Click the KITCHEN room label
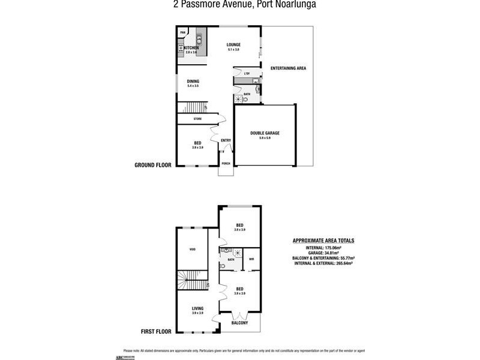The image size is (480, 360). (x=191, y=48)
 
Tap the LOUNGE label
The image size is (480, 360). (x=233, y=45)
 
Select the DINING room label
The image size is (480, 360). (x=193, y=82)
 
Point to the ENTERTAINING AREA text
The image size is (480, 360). (x=288, y=68)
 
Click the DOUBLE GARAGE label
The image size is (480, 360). (x=265, y=133)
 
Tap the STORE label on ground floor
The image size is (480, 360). (x=197, y=119)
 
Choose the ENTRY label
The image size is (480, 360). (x=226, y=140)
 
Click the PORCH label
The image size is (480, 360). (x=226, y=163)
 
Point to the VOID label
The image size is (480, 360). (x=192, y=249)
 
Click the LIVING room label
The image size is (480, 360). (x=197, y=308)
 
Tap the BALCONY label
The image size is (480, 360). (x=239, y=323)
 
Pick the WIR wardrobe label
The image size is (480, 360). (x=251, y=259)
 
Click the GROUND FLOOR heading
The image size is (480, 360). (x=153, y=164)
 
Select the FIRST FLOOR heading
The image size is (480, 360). (x=156, y=331)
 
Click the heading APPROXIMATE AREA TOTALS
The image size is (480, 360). (x=323, y=241)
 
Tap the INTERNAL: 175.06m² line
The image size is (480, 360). (x=323, y=247)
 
